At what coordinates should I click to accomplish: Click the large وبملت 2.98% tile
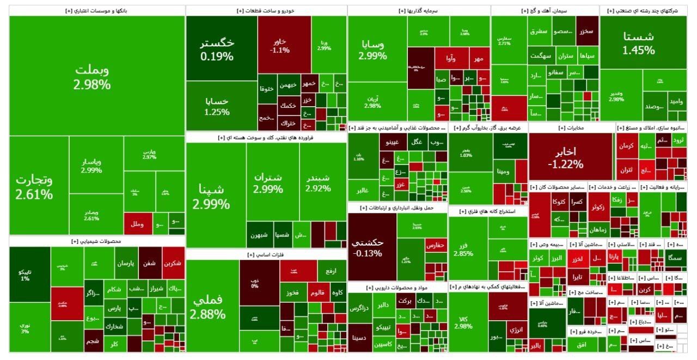pos(93,76)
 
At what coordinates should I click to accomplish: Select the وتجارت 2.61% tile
pos(34,186)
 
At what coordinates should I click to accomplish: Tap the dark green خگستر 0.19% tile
pos(217,48)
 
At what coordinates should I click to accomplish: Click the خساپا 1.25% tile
pos(217,106)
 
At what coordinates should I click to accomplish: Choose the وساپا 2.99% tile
pos(373,49)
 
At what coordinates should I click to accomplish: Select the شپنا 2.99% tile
pos(211,196)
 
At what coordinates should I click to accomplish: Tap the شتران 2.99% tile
pos(268,182)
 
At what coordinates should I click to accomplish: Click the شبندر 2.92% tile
pos(319,182)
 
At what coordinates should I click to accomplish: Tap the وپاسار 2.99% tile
pos(91,166)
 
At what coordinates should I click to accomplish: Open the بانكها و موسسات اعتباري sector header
pos(96,10)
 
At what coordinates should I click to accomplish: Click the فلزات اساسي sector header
pos(266,254)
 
